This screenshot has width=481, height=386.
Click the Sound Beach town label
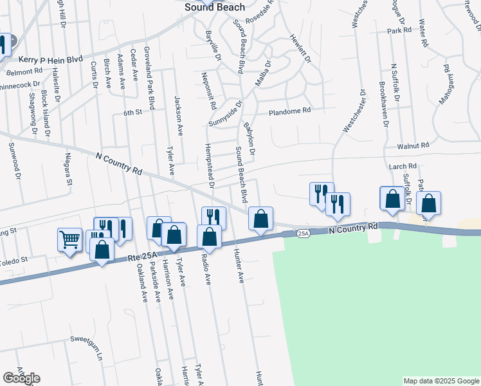pos(214,7)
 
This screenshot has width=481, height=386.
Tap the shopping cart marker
pos(69,240)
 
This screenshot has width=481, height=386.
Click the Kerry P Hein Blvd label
pos(51,59)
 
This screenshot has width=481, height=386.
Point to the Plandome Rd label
pos(289,111)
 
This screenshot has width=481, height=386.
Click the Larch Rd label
pos(403,167)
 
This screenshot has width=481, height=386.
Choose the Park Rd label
pos(399,31)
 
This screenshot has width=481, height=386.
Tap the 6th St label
pos(132,113)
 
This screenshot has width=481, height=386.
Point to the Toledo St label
pos(15,260)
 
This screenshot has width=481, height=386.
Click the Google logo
pos(21,378)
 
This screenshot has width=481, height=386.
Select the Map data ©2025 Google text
pos(441,381)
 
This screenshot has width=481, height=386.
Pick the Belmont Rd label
pos(22,70)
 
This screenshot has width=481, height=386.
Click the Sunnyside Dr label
pos(226,114)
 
